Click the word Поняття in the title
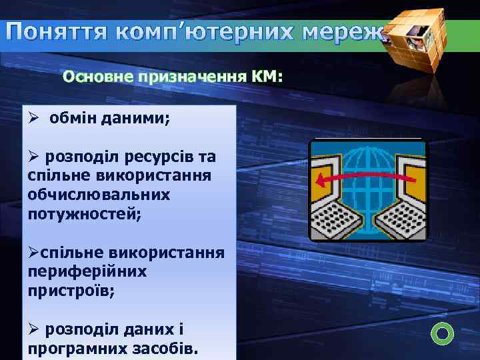coord(58,32)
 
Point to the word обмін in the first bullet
coord(74,118)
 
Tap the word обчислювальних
coord(99,195)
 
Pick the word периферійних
coord(87,272)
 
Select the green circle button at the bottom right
coord(443,333)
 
